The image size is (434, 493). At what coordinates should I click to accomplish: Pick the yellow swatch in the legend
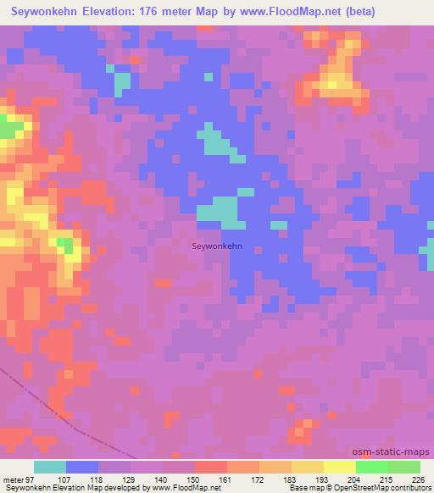[339, 467]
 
